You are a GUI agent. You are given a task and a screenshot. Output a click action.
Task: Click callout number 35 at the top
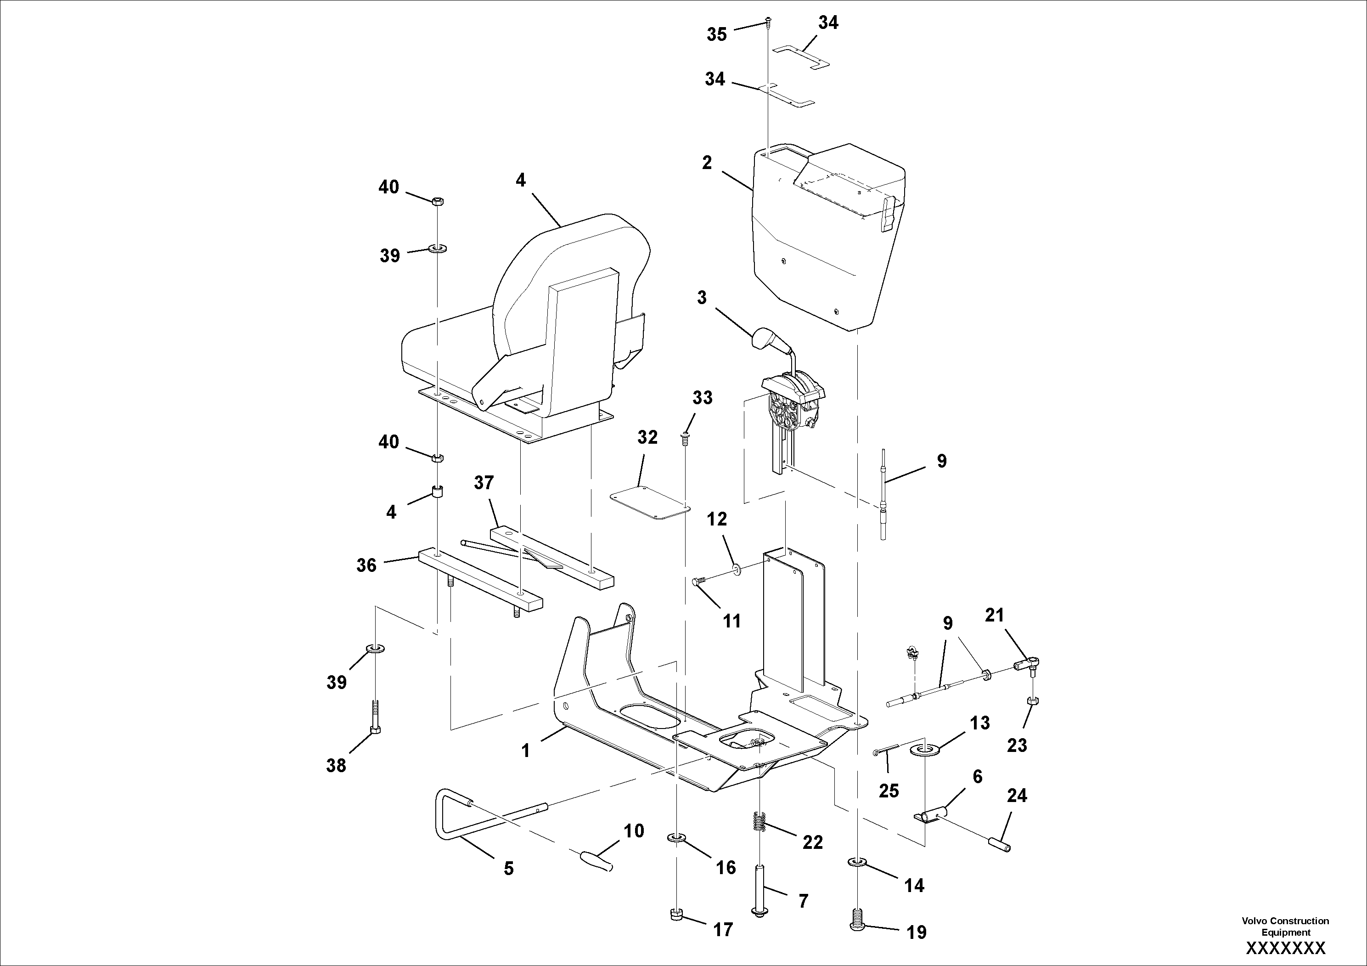pos(717,34)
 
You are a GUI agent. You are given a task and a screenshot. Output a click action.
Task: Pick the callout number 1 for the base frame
pos(525,751)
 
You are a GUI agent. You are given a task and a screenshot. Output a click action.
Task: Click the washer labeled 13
pos(925,749)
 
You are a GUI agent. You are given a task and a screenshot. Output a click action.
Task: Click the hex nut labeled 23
pos(1033,700)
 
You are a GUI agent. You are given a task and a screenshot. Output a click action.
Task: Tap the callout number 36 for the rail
pos(366,565)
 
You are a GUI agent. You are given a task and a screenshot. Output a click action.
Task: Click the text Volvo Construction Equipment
pos(1285,926)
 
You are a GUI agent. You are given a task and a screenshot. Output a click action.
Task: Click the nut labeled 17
pos(676,914)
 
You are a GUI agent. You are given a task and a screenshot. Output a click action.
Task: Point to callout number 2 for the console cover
pos(707,163)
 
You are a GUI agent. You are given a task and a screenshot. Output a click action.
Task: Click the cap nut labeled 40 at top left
pos(436,201)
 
